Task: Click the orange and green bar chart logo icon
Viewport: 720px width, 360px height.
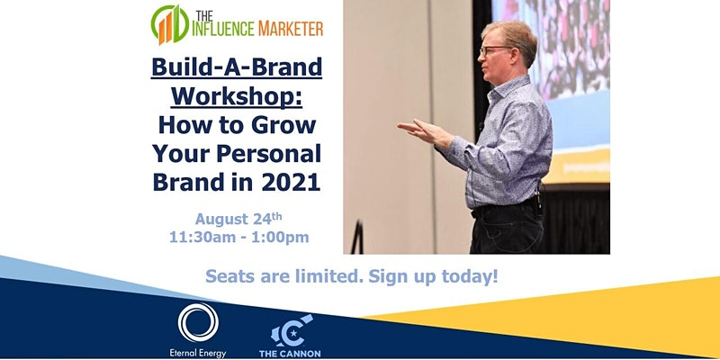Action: [170, 25]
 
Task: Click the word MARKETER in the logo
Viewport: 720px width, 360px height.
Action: [291, 29]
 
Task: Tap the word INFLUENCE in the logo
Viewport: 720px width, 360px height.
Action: [223, 29]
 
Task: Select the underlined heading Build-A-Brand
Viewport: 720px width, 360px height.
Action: [237, 67]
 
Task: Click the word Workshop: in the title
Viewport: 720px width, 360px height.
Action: [237, 96]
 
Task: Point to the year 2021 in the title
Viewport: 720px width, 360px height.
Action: [291, 183]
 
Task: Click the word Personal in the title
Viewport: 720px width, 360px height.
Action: [268, 154]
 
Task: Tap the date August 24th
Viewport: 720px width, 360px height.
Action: [238, 219]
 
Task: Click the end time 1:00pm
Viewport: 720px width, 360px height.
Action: [280, 238]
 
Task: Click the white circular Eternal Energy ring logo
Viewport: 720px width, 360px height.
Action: [198, 322]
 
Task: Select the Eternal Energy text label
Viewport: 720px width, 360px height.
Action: [197, 353]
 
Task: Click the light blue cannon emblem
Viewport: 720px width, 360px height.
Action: [291, 330]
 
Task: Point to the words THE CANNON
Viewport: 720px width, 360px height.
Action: [290, 354]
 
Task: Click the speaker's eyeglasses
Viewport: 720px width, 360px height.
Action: [493, 50]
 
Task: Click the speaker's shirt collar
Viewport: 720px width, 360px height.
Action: [503, 89]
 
